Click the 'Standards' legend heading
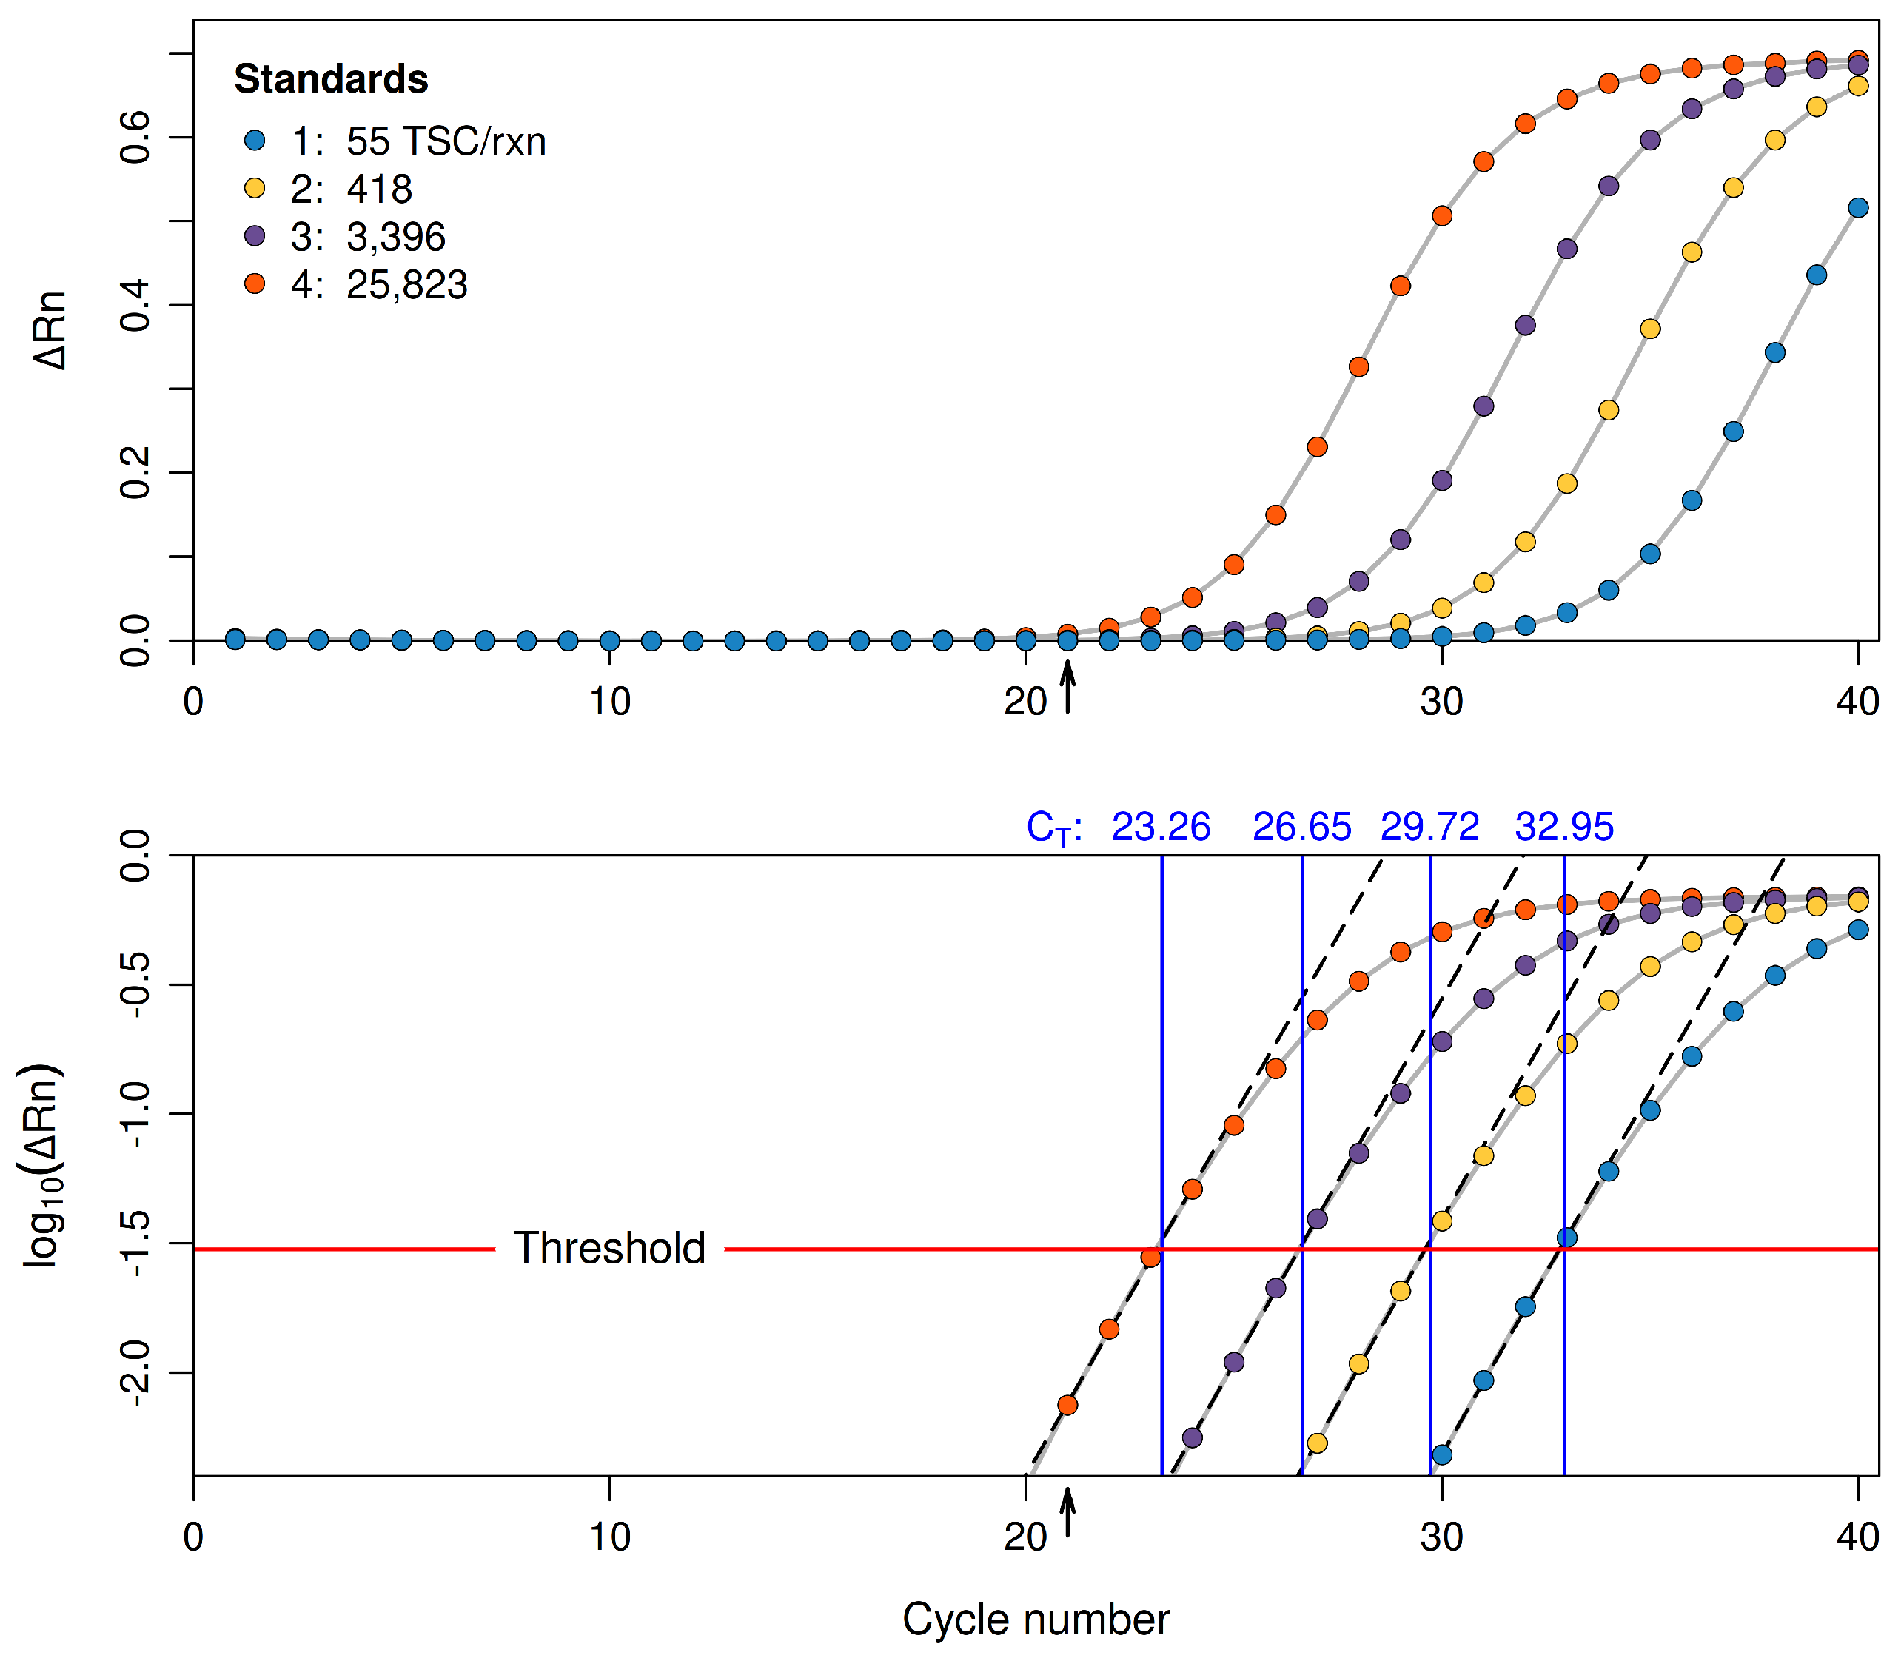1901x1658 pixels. click(330, 80)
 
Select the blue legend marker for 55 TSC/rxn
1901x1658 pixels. click(255, 141)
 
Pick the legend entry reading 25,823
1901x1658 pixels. click(406, 285)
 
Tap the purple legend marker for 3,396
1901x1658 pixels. click(255, 236)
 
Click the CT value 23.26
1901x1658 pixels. click(1161, 826)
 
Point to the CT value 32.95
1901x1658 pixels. click(1564, 826)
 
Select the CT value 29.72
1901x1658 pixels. click(1430, 826)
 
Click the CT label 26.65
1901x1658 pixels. click(1301, 826)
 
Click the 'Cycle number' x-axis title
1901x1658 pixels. click(1036, 1620)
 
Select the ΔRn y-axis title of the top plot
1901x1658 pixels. click(51, 330)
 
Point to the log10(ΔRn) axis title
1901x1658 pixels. click(44, 1165)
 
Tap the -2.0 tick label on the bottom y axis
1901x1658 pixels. click(136, 1372)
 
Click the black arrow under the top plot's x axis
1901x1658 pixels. click(1067, 687)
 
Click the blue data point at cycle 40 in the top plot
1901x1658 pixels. click(1857, 208)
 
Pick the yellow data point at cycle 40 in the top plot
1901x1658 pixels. click(1857, 86)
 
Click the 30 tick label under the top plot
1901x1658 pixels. click(1442, 702)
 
